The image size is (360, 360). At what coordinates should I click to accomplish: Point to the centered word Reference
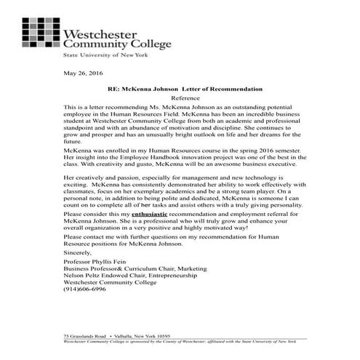pos(184,97)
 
